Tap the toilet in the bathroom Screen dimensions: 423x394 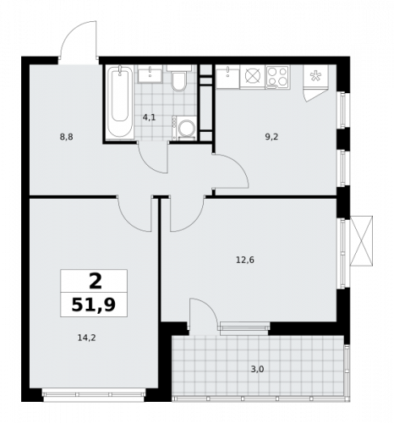coord(178,81)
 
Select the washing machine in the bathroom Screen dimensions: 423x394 coord(186,128)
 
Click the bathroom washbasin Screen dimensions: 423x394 coord(150,74)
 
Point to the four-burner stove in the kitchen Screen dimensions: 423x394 coord(277,77)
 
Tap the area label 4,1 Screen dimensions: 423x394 coord(149,117)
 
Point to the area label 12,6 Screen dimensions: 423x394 coord(245,260)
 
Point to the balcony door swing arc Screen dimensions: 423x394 coord(203,315)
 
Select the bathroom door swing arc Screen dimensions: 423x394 coord(152,158)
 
